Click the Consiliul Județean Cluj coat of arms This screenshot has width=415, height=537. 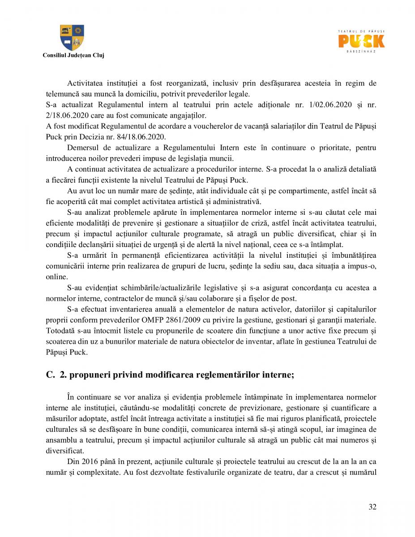coord(72,38)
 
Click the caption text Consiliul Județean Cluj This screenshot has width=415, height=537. coord(73,55)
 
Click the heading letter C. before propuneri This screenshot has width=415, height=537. coord(50,375)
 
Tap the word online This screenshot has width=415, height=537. coord(56,277)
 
